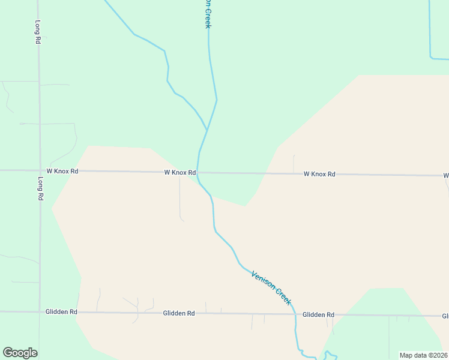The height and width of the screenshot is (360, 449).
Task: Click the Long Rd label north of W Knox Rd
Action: point(37,31)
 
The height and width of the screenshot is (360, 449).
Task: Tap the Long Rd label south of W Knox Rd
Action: point(40,188)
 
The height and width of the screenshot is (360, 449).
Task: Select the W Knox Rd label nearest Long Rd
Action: point(62,171)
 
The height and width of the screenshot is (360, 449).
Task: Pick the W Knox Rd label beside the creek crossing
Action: point(180,172)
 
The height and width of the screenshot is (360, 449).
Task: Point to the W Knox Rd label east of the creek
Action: point(319,174)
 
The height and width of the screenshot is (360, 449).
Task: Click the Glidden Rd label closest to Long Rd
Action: point(61,312)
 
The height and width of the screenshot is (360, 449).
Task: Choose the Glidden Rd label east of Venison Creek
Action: point(318,314)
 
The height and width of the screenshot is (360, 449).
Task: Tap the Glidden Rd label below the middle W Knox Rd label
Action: point(179,313)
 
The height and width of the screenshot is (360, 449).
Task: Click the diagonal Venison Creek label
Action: point(271,287)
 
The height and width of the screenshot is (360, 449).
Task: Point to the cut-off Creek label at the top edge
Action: point(208,14)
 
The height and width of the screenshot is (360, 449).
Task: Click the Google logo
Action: point(20,353)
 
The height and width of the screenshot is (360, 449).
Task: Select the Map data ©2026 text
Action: point(424,355)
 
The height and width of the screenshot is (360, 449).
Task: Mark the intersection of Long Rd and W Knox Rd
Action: point(40,170)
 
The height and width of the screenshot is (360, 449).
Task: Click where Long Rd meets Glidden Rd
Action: point(40,312)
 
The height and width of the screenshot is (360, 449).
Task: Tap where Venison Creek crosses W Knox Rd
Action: point(198,173)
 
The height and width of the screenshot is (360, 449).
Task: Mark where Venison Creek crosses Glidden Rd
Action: point(295,314)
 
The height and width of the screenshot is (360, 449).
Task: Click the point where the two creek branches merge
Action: point(207,130)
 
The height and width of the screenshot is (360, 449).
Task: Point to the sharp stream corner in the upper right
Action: point(431,58)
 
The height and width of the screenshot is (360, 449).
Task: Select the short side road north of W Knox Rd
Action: point(294,164)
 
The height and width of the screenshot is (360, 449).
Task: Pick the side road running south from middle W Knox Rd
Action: point(180,198)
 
